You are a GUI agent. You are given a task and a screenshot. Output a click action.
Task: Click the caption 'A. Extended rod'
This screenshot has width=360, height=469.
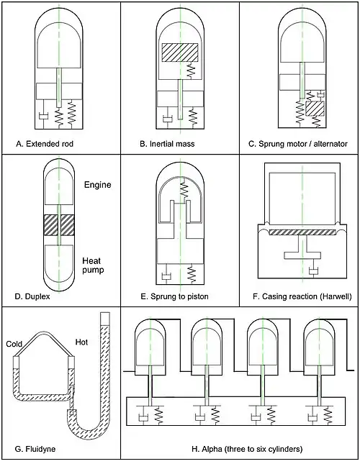point(45,144)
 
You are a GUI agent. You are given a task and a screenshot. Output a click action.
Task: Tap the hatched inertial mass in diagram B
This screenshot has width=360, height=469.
point(180,53)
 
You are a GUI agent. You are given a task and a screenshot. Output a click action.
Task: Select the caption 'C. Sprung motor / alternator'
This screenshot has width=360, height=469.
point(298,144)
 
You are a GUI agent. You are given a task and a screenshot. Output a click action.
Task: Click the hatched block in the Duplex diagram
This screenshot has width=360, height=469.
point(59,225)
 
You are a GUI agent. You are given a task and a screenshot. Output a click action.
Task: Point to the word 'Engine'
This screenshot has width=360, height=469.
point(98,185)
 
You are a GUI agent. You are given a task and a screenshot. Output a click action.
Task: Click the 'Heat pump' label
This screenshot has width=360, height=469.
point(93,265)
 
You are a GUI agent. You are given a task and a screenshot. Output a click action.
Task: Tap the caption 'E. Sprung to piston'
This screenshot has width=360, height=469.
point(174,296)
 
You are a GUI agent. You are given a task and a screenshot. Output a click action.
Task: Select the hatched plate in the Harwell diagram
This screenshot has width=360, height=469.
point(302,232)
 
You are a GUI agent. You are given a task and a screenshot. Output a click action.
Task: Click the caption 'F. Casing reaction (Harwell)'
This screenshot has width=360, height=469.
point(302,296)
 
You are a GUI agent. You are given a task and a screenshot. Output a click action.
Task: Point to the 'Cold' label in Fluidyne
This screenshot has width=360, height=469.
point(14,344)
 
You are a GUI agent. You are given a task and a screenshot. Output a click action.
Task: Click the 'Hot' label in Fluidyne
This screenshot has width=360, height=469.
point(81,342)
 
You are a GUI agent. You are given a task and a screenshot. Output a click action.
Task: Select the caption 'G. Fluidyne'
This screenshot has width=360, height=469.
point(35,449)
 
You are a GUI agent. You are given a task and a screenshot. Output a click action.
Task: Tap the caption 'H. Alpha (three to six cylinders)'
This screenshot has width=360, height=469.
point(247,449)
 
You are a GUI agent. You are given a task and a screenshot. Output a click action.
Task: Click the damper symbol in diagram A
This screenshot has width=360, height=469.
point(44,116)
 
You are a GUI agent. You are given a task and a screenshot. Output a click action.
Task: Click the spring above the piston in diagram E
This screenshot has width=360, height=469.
point(184,189)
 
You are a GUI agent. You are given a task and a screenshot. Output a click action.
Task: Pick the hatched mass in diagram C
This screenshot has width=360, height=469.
point(315,109)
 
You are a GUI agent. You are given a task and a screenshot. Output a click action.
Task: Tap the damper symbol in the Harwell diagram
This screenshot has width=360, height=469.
point(313,272)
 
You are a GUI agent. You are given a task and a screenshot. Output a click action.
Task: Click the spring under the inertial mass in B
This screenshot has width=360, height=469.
point(191,70)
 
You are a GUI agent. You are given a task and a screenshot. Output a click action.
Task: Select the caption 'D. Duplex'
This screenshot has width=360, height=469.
point(32,296)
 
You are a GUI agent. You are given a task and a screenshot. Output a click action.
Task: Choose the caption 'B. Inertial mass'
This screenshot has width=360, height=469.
point(167,144)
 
